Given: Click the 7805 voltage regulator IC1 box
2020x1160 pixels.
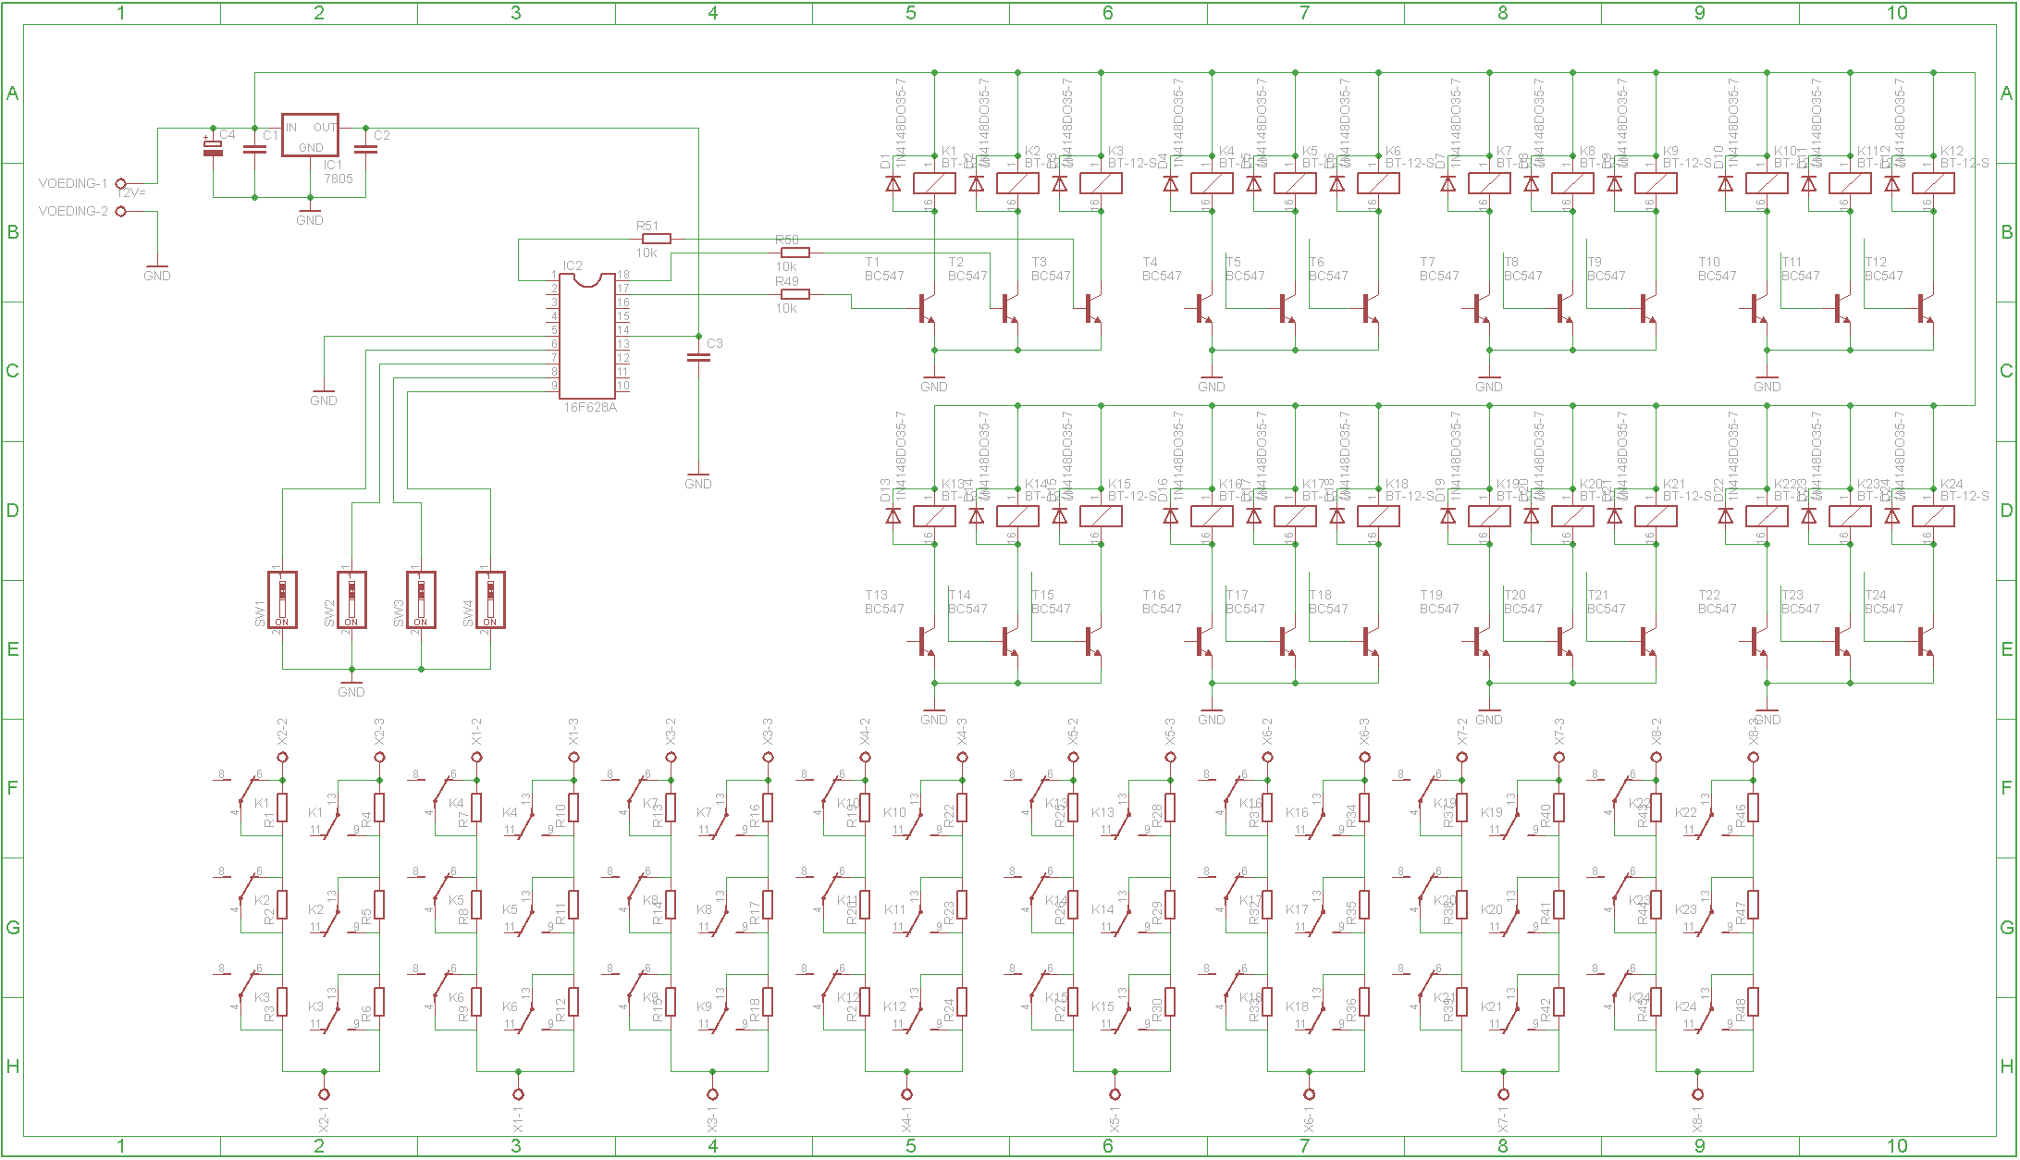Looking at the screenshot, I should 310,136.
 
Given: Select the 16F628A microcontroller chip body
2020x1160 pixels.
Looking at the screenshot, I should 588,338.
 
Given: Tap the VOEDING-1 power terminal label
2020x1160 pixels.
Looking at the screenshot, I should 73,183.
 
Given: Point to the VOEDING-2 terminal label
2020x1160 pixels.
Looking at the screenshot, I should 73,211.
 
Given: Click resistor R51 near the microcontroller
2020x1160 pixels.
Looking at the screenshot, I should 656,239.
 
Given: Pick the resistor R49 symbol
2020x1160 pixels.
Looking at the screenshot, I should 794,294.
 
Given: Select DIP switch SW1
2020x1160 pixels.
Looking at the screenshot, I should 282,599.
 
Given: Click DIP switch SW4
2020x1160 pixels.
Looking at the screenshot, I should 490,599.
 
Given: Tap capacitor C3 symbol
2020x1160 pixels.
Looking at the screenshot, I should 698,357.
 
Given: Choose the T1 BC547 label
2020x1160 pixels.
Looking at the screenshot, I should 883,268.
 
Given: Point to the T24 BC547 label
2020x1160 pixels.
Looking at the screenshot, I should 1883,601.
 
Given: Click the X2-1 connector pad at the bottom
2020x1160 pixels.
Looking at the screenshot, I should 324,1094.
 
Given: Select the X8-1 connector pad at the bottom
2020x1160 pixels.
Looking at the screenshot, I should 1697,1094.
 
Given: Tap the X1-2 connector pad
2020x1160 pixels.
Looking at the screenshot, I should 476,758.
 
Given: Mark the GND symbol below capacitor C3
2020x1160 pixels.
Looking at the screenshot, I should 698,480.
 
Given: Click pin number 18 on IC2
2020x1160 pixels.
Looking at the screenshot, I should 623,275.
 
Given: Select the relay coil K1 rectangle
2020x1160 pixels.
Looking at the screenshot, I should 934,183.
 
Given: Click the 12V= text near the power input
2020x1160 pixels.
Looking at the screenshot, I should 131,192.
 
